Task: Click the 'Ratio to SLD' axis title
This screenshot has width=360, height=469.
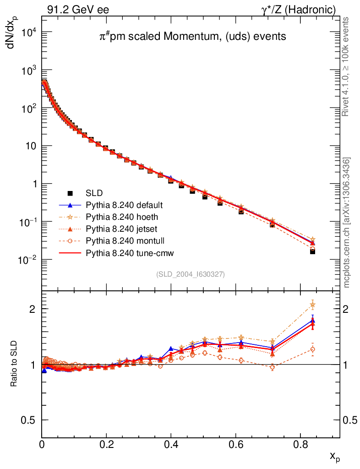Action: pos(14,364)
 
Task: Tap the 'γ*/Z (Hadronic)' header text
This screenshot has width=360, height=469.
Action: pos(299,9)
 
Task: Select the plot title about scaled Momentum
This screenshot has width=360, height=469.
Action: pos(193,37)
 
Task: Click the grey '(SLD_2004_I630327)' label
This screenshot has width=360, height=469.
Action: pos(191,274)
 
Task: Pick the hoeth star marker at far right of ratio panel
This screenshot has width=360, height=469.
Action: pos(313,305)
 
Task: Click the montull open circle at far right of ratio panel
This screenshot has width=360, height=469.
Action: pos(313,349)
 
